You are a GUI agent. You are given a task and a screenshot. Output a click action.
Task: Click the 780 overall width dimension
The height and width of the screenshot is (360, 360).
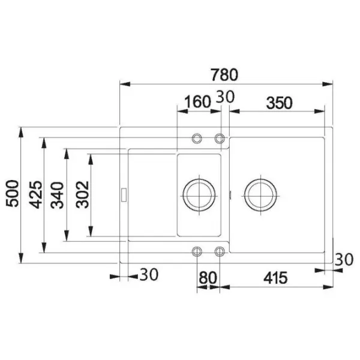point(224,75)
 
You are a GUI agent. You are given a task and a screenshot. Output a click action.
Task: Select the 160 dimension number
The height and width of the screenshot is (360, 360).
point(197,102)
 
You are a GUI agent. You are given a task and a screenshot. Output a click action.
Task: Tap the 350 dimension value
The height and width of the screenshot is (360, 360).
point(280,103)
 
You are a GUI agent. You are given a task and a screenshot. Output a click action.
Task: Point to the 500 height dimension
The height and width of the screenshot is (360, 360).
point(12,194)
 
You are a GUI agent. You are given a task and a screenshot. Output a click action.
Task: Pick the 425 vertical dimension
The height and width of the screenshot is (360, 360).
point(35,195)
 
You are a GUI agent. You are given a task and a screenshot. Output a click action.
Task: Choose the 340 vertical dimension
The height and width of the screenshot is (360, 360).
point(57,195)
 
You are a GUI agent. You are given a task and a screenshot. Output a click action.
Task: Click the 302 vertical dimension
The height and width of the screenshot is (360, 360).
point(82,194)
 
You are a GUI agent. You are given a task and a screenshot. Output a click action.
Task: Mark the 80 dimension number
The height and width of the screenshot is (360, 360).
point(208,278)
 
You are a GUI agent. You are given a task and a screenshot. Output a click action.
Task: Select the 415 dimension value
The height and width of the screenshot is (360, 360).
point(275,278)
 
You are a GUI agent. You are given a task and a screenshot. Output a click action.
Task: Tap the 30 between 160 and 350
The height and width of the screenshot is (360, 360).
point(226,97)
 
